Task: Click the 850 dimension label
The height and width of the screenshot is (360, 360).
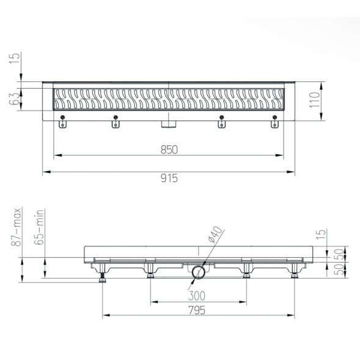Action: click(x=169, y=150)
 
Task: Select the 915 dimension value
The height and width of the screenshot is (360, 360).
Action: click(x=169, y=178)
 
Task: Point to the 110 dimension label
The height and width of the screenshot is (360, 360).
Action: click(x=315, y=100)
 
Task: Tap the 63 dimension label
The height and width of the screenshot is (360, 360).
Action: click(x=15, y=99)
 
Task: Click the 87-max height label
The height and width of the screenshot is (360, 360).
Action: click(x=17, y=227)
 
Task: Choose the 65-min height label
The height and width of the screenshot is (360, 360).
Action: click(x=39, y=227)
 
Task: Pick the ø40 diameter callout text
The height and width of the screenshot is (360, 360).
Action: click(x=215, y=235)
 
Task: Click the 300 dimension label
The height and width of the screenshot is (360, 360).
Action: click(x=197, y=296)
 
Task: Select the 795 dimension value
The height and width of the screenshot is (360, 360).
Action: click(x=197, y=310)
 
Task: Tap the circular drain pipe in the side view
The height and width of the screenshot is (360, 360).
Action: click(x=199, y=273)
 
